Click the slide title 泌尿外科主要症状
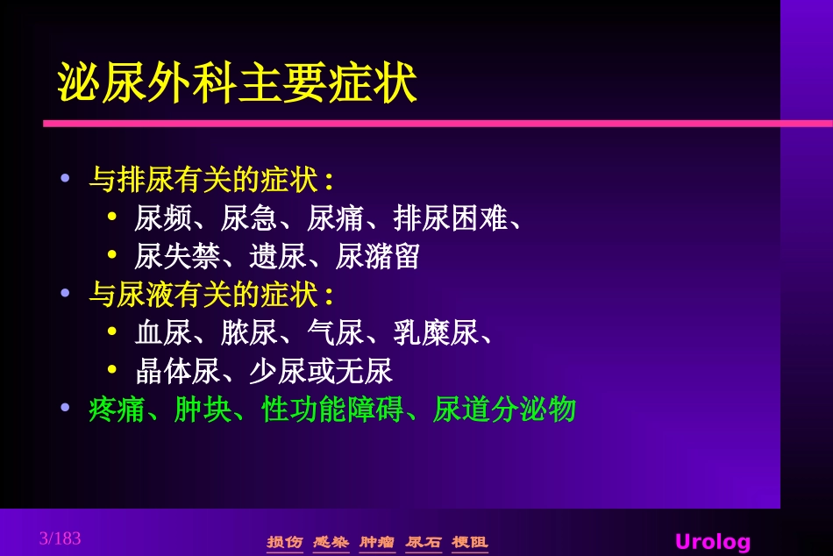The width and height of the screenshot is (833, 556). [237, 84]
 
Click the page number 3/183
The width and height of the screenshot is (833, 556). [60, 538]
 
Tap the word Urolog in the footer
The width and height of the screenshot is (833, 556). [712, 541]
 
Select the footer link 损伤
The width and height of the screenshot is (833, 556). [284, 542]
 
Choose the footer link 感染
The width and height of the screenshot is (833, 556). [331, 542]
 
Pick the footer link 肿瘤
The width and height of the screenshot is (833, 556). [377, 542]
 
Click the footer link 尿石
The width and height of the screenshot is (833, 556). [424, 542]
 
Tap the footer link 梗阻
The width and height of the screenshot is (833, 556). [470, 542]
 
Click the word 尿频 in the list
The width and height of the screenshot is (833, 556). [163, 218]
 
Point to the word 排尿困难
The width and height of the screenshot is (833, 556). [451, 218]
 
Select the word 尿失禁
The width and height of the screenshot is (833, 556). [177, 256]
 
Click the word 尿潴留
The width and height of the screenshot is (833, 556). [378, 256]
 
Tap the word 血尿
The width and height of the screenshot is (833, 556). [163, 333]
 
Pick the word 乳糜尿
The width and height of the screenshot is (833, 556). [436, 333]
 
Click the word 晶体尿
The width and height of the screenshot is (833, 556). [177, 371]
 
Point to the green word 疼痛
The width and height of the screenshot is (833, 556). [117, 410]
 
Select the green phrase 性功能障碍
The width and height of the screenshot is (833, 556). [332, 410]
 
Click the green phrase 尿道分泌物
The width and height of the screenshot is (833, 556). [504, 410]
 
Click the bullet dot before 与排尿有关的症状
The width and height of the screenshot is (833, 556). [64, 179]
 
